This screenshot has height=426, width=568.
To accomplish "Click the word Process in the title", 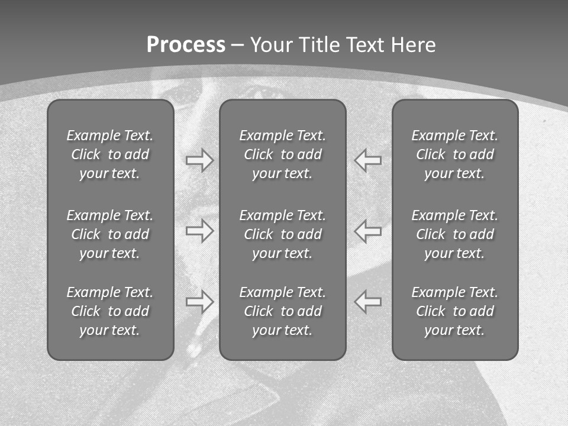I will click(x=186, y=45).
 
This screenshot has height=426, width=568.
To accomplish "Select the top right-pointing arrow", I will click(x=199, y=160).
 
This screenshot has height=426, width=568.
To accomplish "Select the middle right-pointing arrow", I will click(x=199, y=231).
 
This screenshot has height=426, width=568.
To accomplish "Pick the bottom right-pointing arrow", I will click(x=199, y=302).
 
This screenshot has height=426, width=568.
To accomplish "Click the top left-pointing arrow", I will click(x=368, y=160).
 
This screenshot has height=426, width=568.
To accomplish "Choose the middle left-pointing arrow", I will click(x=368, y=231).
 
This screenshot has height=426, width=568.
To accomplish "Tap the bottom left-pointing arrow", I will click(x=368, y=302).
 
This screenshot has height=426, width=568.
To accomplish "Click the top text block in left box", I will click(x=110, y=154).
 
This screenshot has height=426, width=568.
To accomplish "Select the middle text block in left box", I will click(x=110, y=234).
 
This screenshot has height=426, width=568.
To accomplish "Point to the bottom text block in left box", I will click(x=110, y=311).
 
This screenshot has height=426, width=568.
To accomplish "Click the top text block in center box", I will click(x=282, y=154).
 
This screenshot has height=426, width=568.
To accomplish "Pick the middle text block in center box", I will click(x=282, y=234).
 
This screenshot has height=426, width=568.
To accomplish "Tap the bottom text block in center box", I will click(x=282, y=311).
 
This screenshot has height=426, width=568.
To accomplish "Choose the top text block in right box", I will click(x=454, y=154).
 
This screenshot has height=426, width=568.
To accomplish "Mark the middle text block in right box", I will click(x=454, y=234).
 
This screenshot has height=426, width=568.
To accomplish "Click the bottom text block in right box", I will click(x=454, y=311).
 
